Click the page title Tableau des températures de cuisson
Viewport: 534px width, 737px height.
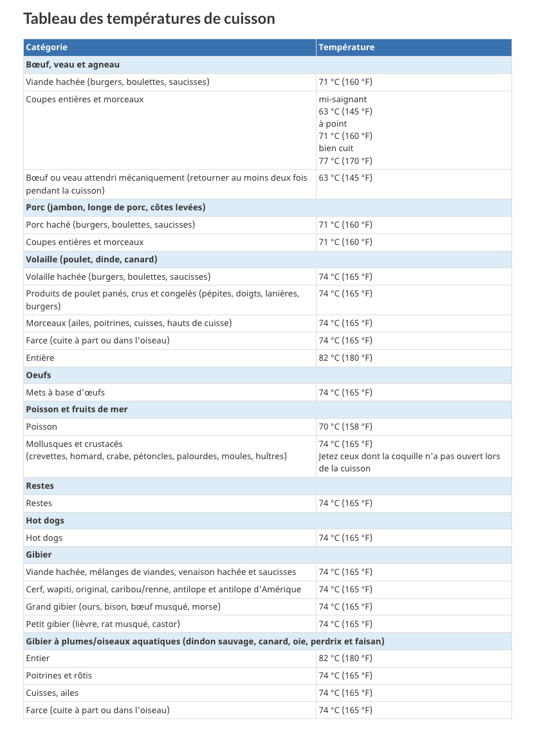point(149,19)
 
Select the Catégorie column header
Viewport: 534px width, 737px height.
point(47,48)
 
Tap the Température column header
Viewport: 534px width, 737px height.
point(346,48)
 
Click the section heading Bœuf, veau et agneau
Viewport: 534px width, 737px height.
point(73,65)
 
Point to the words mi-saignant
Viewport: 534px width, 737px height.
point(343,99)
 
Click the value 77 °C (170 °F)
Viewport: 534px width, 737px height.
point(345,161)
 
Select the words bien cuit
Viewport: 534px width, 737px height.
point(336,149)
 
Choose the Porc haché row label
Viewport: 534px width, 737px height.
point(110,225)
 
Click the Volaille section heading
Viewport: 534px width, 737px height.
point(91,259)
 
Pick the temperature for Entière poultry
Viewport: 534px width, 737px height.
point(345,358)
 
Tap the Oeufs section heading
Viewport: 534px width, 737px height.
point(39,375)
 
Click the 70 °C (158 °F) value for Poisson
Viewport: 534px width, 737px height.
point(345,427)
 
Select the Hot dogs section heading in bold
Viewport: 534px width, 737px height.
point(45,520)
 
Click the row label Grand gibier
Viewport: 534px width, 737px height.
point(123,606)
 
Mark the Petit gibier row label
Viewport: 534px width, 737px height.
point(103,624)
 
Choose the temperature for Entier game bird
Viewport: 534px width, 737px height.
point(345,659)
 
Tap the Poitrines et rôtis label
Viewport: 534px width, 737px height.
point(59,676)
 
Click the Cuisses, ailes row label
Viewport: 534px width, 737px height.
point(52,693)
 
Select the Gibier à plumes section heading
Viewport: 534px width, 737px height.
point(205,641)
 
